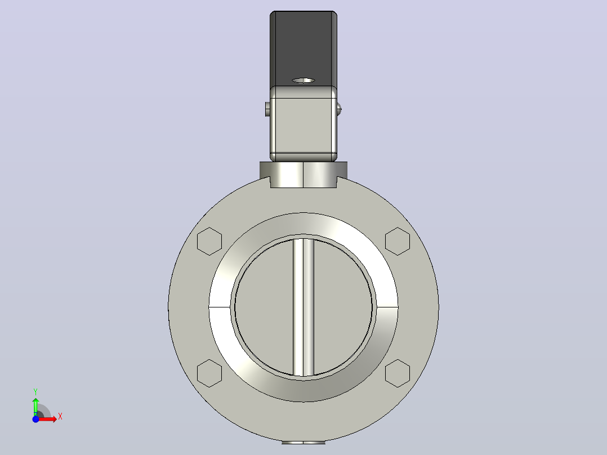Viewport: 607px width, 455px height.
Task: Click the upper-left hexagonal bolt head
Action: (x=209, y=241)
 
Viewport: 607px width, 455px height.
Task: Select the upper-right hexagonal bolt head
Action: (x=398, y=241)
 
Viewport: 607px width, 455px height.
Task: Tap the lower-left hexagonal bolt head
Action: (x=209, y=373)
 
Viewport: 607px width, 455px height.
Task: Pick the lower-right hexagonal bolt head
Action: (x=398, y=373)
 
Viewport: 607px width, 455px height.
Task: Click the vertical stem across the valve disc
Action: (x=303, y=307)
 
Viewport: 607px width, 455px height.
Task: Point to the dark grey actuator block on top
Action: (x=303, y=48)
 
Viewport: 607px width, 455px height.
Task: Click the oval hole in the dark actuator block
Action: (x=303, y=80)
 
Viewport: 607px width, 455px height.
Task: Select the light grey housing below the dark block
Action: (x=303, y=124)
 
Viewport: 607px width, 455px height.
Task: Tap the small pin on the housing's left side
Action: (x=267, y=109)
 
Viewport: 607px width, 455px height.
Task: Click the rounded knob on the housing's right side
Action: (x=339, y=109)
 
